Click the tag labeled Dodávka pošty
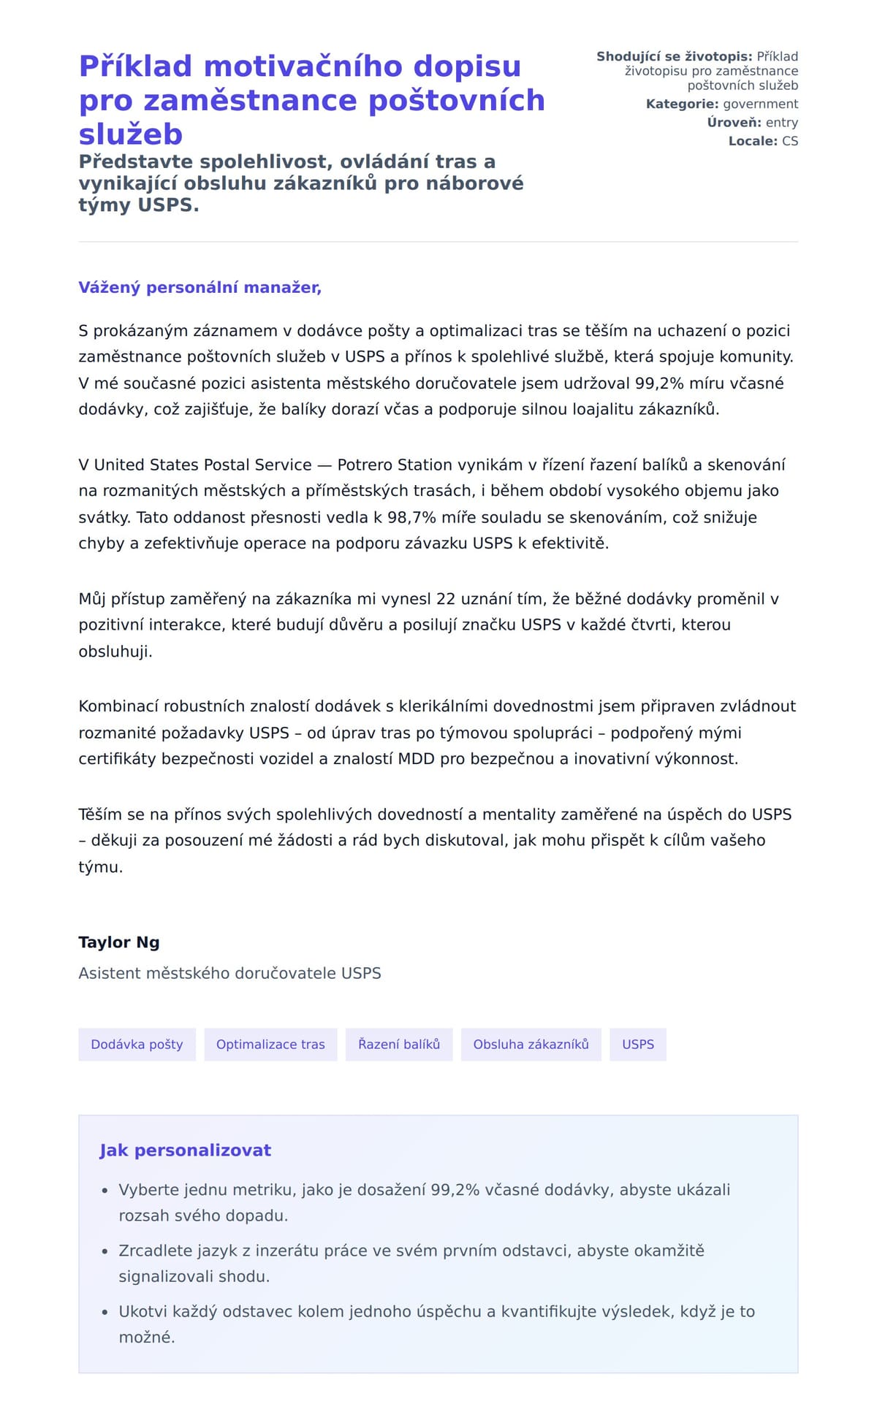coord(137,1045)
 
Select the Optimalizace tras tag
coord(270,1045)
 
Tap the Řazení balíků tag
coord(399,1045)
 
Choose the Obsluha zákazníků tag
coord(531,1045)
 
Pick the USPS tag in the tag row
coord(638,1045)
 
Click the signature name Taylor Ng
coord(119,942)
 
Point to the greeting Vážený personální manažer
coord(200,288)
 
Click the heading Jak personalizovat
coord(185,1151)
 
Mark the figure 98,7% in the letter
coord(411,517)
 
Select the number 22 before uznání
coord(446,599)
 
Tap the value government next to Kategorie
coord(761,104)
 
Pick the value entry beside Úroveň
coord(782,123)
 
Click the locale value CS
coord(790,141)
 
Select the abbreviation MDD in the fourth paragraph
coord(415,759)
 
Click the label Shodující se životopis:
coord(674,57)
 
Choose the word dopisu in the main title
coord(467,66)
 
